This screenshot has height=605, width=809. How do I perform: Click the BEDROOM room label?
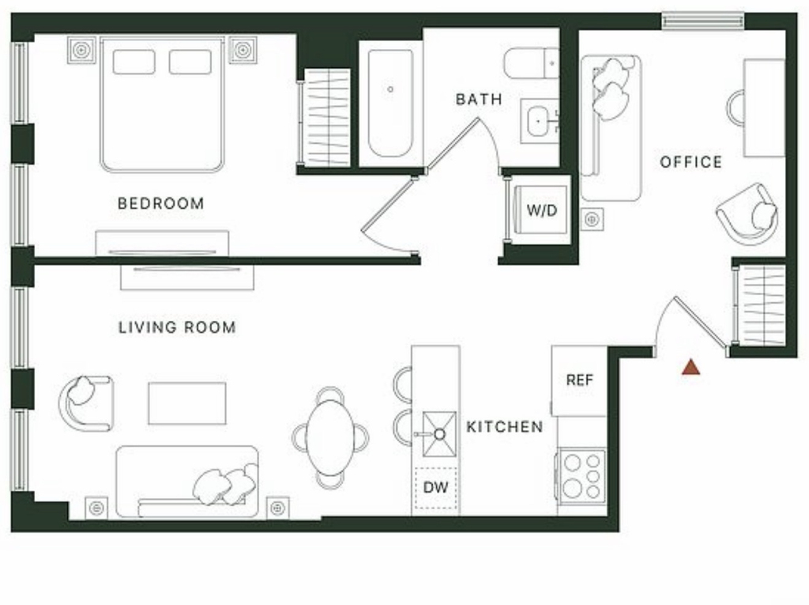click(160, 203)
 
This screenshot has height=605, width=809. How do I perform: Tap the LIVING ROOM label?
click(177, 327)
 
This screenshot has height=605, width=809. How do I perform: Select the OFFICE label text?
click(690, 162)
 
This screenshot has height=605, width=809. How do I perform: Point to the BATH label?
click(479, 99)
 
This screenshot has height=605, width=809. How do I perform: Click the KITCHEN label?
click(505, 427)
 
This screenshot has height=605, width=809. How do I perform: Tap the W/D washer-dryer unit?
click(542, 210)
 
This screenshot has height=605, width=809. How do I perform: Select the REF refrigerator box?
click(579, 380)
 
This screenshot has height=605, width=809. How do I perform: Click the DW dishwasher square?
click(436, 488)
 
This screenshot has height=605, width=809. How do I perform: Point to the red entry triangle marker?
click(690, 367)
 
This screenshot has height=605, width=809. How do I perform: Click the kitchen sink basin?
click(439, 434)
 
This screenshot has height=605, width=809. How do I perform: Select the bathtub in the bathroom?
click(390, 104)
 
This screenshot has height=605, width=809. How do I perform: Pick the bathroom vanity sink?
click(539, 120)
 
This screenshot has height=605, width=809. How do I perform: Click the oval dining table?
click(330, 437)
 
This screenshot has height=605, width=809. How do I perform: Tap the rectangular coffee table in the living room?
click(186, 403)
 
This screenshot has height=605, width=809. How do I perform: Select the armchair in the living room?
click(85, 403)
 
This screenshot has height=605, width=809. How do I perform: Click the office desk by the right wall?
click(764, 108)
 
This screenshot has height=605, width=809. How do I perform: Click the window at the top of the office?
click(703, 21)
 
